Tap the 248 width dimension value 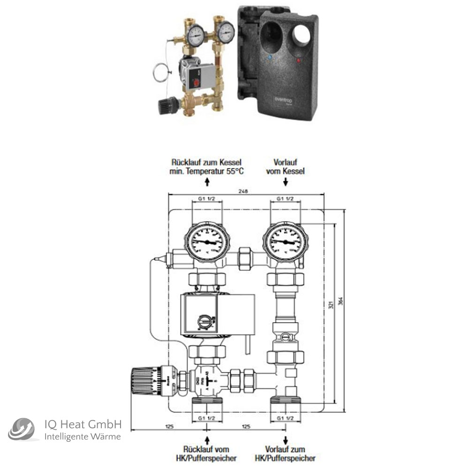click(242, 191)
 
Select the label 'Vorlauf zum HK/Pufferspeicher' click(285, 454)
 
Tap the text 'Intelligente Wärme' click(82, 437)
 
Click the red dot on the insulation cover click(297, 61)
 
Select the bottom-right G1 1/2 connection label click(286, 417)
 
